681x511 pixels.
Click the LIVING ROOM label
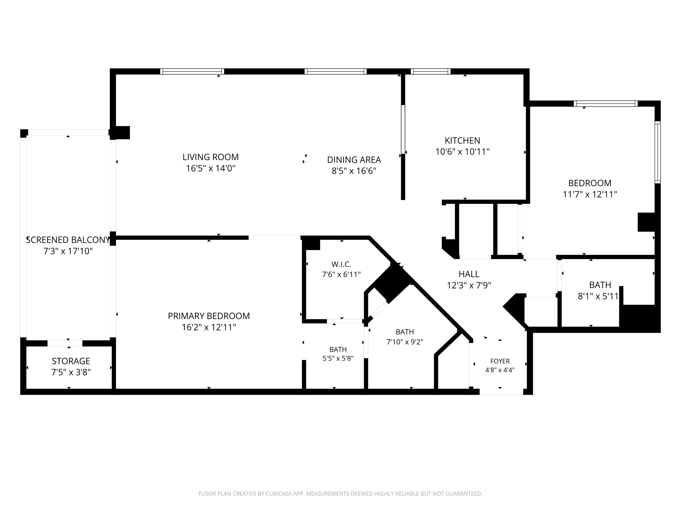tap(211, 157)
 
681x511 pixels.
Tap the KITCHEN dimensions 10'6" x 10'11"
tap(462, 151)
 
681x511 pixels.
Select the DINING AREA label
tap(354, 160)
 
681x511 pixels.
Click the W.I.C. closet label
tap(341, 264)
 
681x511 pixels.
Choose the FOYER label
tap(500, 361)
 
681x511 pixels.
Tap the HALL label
tap(469, 274)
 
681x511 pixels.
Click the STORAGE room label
tap(71, 361)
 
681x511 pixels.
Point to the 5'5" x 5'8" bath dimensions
tap(338, 358)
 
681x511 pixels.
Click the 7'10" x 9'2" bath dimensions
tap(405, 342)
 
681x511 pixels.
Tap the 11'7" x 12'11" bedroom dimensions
tap(590, 194)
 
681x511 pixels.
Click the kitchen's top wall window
tap(431, 72)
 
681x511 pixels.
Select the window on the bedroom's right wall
tap(658, 152)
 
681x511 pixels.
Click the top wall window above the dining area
tap(336, 72)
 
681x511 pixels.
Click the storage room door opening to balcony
tap(65, 343)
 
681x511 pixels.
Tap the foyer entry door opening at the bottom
tap(501, 392)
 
